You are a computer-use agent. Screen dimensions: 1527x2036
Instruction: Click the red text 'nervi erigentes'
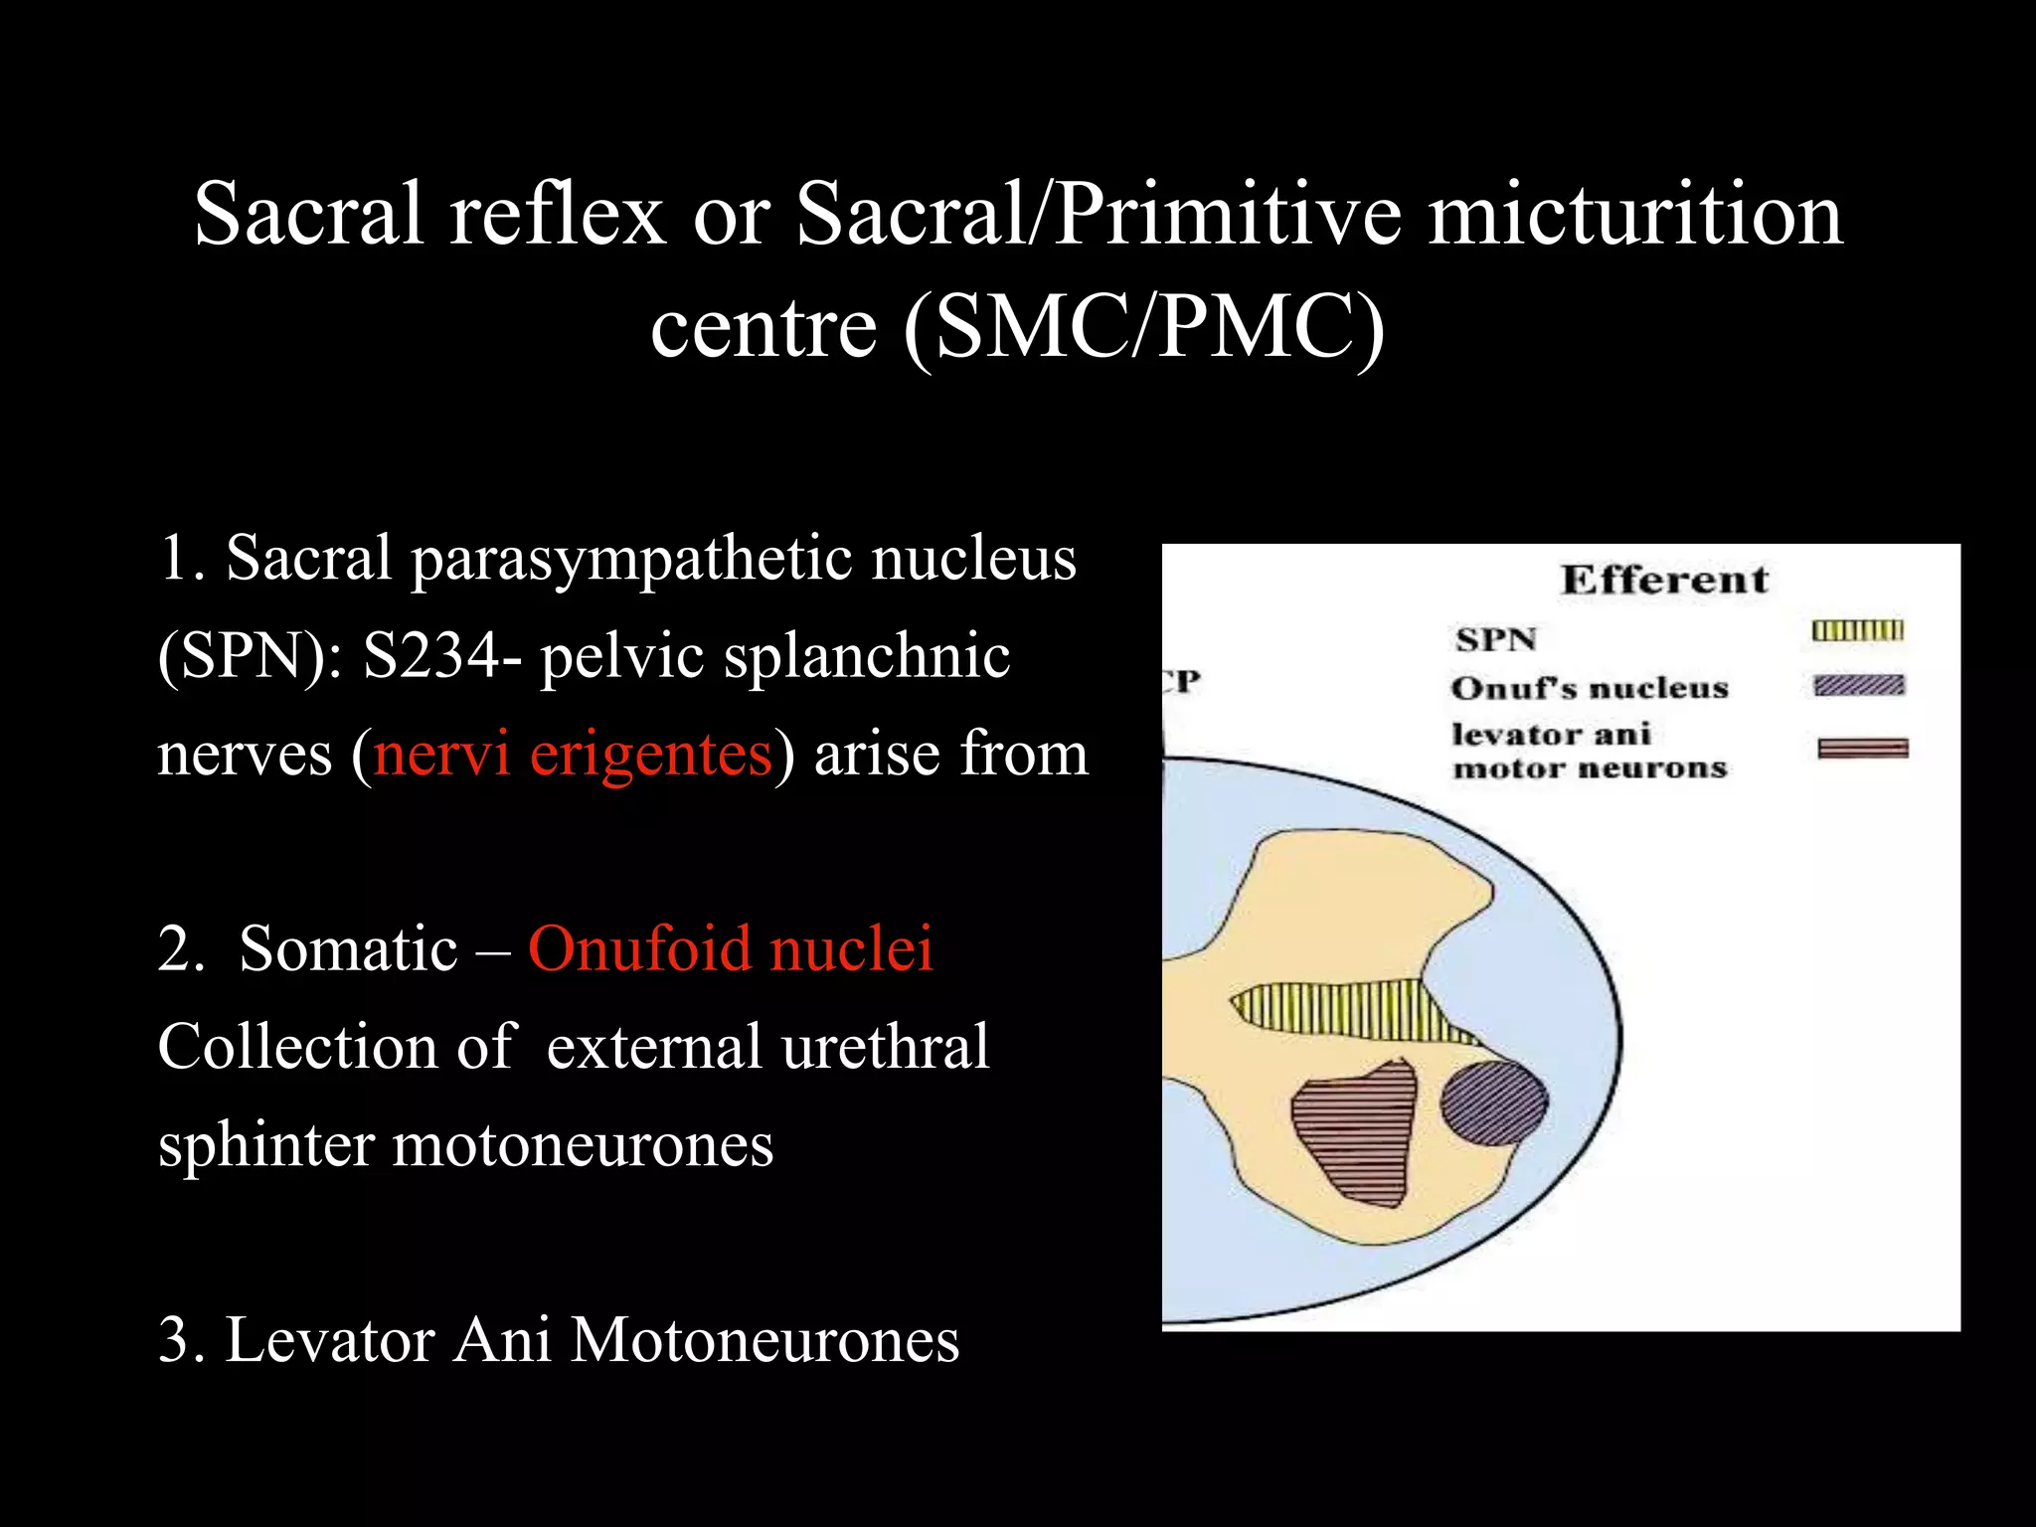(x=573, y=754)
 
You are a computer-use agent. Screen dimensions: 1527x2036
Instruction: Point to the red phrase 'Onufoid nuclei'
(x=731, y=948)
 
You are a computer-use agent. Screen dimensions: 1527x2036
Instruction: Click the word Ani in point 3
(x=502, y=1339)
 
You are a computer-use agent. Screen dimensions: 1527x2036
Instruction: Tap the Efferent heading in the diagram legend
(x=1664, y=580)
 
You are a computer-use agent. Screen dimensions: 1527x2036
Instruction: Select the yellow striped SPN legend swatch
(x=1857, y=630)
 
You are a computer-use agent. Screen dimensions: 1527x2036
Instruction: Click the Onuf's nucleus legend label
(x=1590, y=688)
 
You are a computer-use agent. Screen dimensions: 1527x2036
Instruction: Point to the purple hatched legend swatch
(x=1858, y=686)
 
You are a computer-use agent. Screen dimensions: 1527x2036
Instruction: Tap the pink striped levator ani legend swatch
(x=1862, y=749)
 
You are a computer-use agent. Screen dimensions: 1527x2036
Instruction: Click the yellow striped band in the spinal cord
(x=1342, y=1010)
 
